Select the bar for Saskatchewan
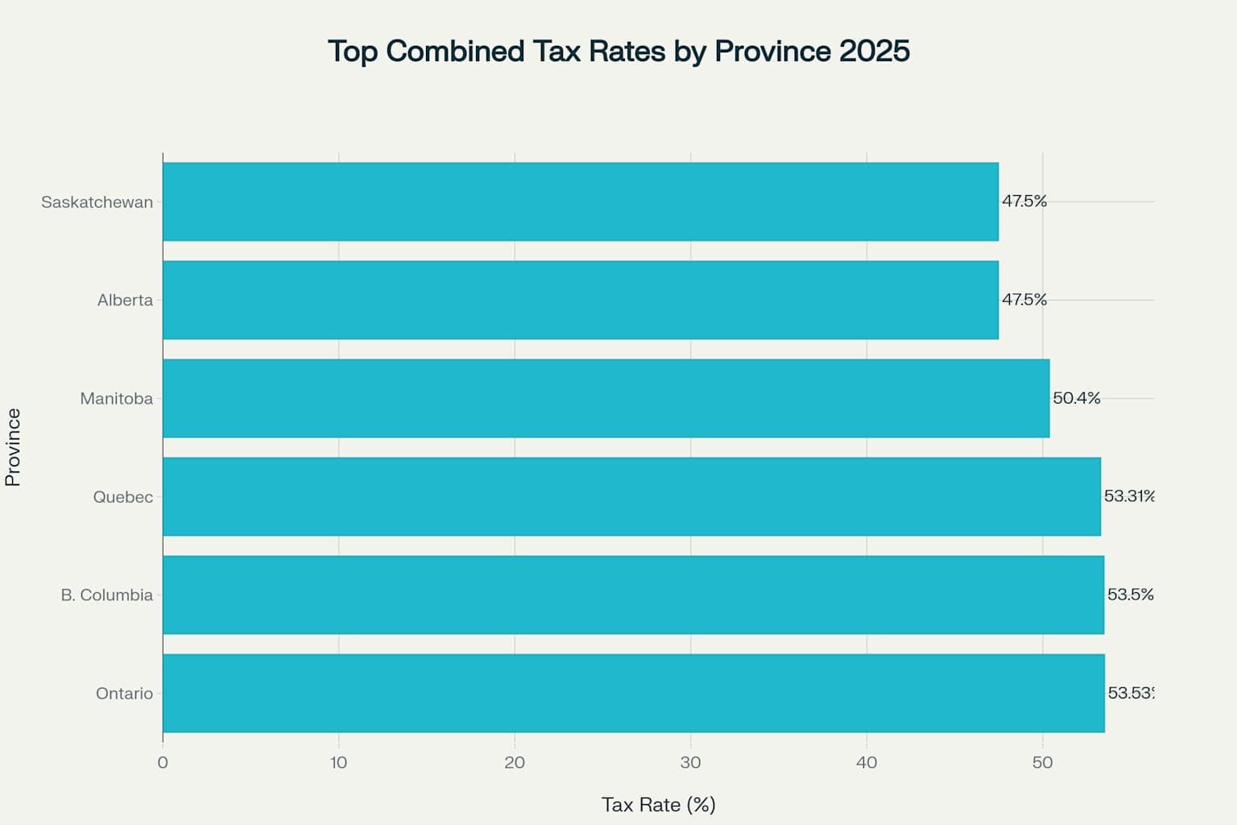click(580, 201)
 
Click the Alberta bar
click(580, 300)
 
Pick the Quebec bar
click(631, 496)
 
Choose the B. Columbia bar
click(633, 595)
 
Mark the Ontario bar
click(633, 693)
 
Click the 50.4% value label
click(1076, 398)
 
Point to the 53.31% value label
click(1129, 496)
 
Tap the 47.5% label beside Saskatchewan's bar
click(1024, 201)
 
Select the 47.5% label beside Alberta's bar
click(1024, 300)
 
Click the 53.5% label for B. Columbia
click(1130, 595)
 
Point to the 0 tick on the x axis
click(163, 762)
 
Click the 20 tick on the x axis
click(515, 762)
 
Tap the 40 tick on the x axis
click(867, 762)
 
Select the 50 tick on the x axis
click(1042, 762)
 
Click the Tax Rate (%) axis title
click(658, 804)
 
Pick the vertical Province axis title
click(13, 447)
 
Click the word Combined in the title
click(455, 51)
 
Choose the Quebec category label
click(122, 497)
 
